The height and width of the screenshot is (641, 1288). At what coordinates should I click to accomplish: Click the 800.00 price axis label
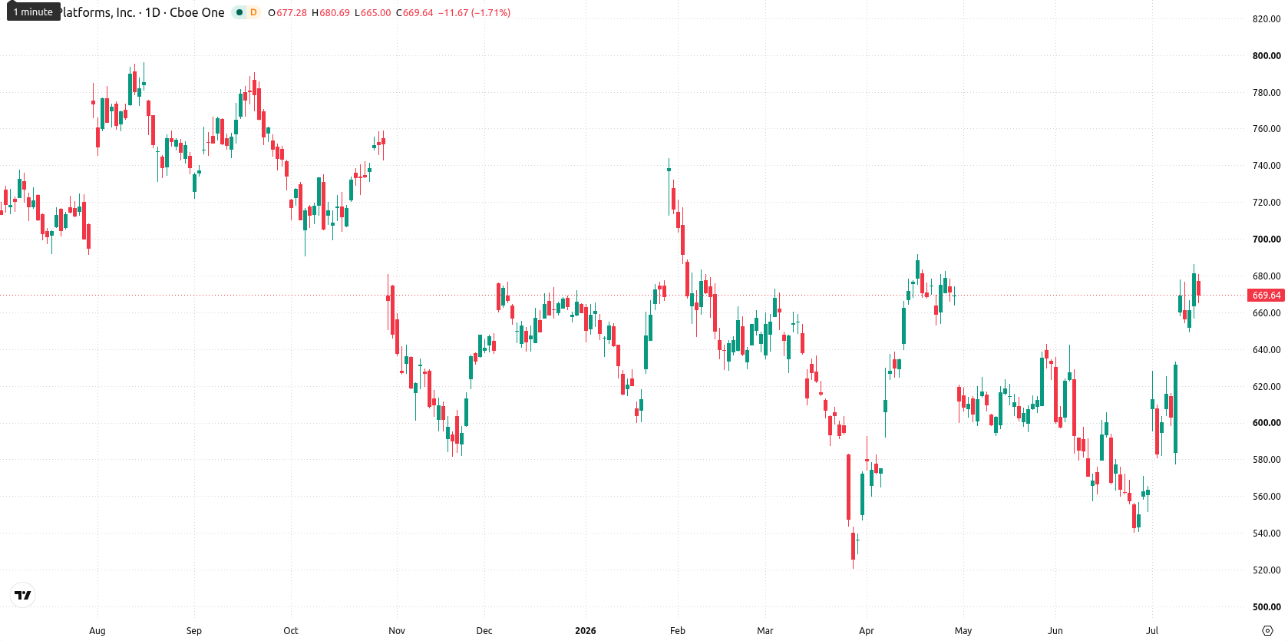[x=1267, y=56]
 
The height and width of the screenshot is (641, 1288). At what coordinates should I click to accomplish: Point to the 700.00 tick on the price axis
[x=1267, y=240]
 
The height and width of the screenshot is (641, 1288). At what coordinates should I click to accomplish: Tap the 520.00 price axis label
[x=1267, y=570]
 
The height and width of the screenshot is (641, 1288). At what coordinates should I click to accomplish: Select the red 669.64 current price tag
[x=1267, y=296]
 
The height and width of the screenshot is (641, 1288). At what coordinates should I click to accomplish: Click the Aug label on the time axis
[x=97, y=631]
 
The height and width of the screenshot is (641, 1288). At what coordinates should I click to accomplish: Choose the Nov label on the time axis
[x=397, y=631]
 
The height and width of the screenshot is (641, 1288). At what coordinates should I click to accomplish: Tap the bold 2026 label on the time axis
[x=586, y=631]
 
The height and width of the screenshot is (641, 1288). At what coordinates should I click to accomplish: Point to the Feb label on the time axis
[x=677, y=631]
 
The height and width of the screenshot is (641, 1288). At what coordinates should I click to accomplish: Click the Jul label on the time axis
[x=1151, y=631]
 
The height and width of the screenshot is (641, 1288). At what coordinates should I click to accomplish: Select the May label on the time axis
[x=963, y=631]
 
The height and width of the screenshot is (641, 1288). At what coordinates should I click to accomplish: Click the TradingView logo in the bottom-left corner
[x=23, y=595]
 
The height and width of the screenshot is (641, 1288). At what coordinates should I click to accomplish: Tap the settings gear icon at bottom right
[x=1267, y=631]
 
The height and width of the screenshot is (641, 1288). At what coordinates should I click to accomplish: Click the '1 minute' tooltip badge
[x=33, y=12]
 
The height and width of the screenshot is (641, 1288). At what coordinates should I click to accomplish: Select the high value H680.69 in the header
[x=331, y=12]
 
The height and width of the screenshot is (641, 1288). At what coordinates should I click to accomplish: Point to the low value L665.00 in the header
[x=372, y=12]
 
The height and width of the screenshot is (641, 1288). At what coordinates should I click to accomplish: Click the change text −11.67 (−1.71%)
[x=474, y=12]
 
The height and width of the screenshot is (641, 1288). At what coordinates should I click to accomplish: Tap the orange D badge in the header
[x=253, y=12]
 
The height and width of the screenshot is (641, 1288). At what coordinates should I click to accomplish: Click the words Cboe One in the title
[x=197, y=12]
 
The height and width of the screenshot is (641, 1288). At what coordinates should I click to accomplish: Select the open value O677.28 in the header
[x=288, y=12]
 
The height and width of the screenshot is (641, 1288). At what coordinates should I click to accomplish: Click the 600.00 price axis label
[x=1267, y=422]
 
